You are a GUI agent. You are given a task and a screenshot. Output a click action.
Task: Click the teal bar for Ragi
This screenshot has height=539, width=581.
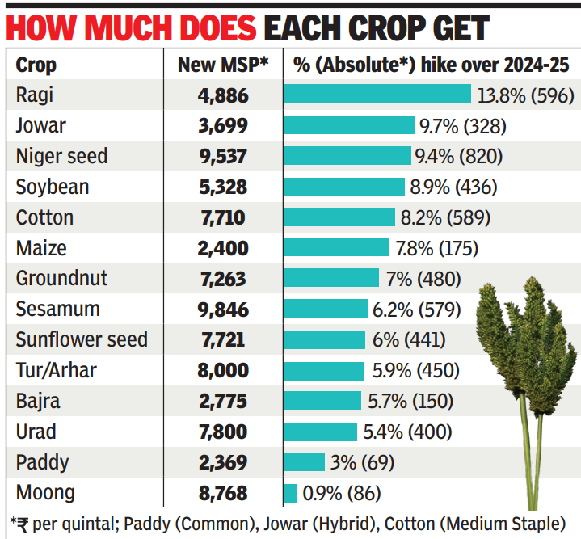coord(377,95)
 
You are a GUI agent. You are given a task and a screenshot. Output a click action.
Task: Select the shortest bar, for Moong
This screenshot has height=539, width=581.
coord(290,492)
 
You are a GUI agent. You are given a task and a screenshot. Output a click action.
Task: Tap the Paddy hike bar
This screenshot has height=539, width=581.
coord(304,462)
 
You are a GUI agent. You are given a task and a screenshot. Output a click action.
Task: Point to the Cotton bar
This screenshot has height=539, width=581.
coord(339,217)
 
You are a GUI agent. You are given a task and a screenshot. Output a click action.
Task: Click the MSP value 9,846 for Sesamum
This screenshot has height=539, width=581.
coord(222,309)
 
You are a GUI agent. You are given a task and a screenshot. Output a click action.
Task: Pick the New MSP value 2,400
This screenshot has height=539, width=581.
coord(222,248)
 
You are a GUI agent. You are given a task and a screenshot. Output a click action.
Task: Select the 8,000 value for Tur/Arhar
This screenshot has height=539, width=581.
coord(222,370)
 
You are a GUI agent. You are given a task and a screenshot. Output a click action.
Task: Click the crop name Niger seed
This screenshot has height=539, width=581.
coord(61,156)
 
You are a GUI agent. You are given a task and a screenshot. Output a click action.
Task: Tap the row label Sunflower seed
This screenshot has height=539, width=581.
coord(82,339)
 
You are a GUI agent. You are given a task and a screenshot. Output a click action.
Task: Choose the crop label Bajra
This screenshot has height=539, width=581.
coord(38,401)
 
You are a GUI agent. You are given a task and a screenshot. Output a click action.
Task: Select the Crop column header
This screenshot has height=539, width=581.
coord(36,65)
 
